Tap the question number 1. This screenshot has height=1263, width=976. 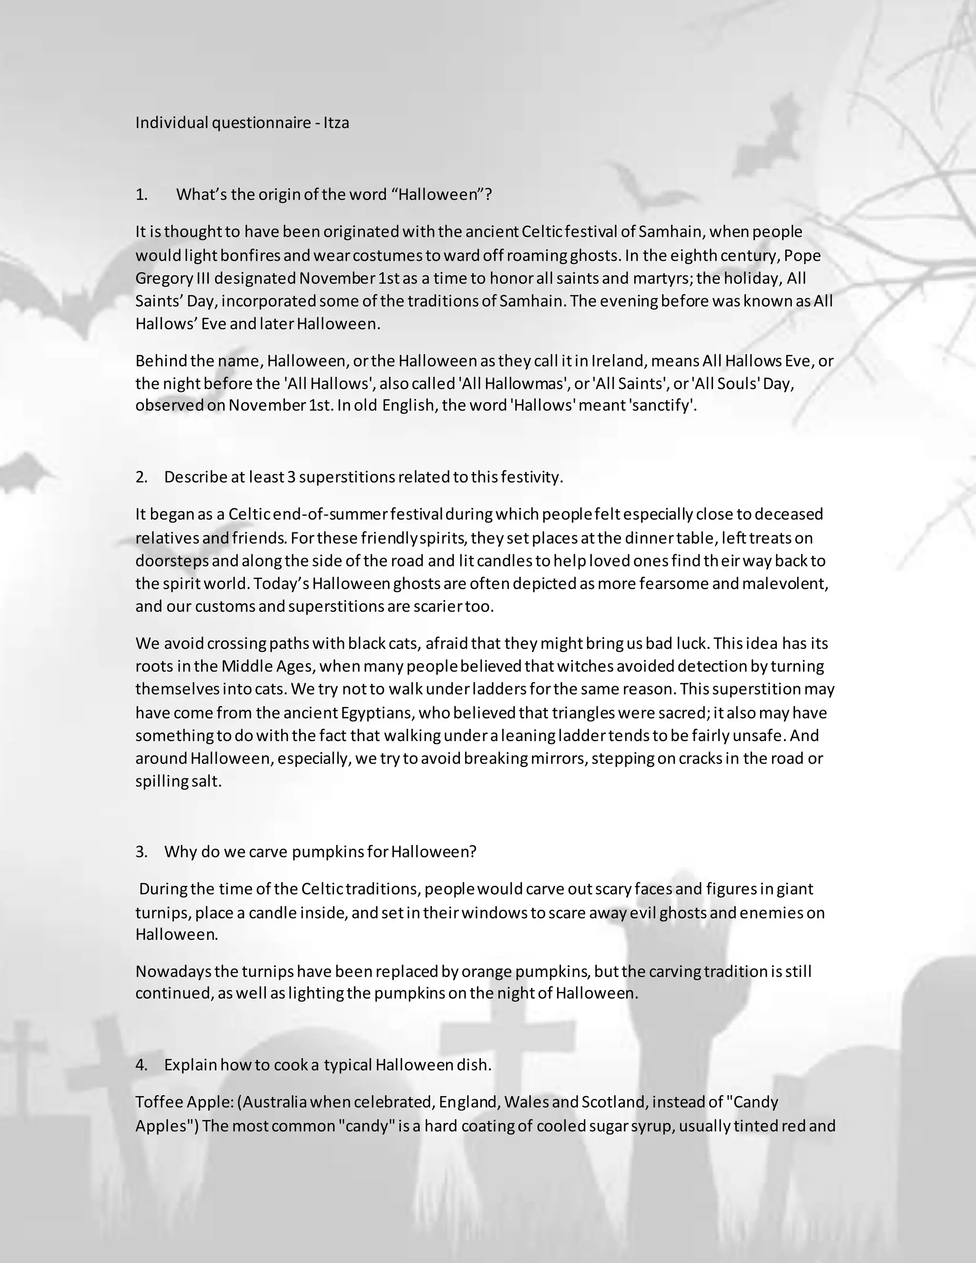[141, 194]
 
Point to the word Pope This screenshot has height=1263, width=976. [803, 255]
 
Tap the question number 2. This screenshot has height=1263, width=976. [141, 477]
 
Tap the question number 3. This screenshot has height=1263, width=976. [141, 852]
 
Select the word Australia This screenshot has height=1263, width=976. [274, 1102]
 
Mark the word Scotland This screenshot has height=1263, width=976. [613, 1102]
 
